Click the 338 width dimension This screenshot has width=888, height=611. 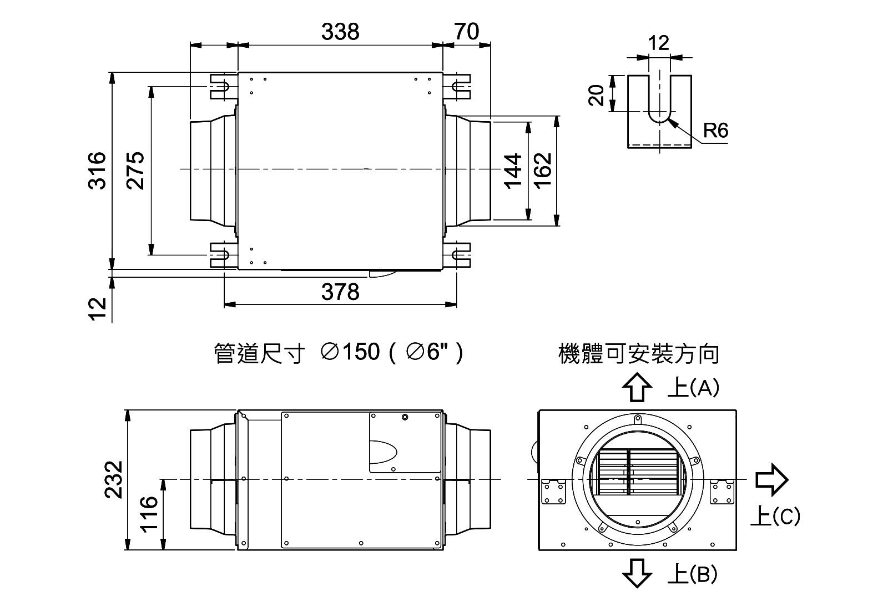click(340, 32)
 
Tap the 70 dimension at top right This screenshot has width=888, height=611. click(466, 32)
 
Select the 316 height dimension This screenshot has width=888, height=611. click(98, 170)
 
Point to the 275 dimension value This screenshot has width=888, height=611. click(135, 170)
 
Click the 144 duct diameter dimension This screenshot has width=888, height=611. click(513, 170)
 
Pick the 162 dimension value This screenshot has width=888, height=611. click(543, 170)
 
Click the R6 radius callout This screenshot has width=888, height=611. click(715, 131)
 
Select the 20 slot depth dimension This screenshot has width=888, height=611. click(597, 95)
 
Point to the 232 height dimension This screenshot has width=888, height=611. click(114, 480)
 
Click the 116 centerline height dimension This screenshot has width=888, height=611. click(149, 514)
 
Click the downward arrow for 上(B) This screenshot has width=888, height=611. click(637, 573)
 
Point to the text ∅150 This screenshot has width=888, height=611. click(351, 352)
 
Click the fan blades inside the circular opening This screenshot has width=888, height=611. click(638, 471)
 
